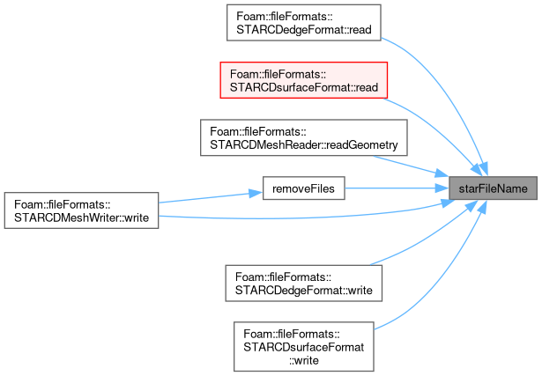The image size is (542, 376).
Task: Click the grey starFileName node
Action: tap(493, 188)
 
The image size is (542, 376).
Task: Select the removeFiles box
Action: tap(303, 188)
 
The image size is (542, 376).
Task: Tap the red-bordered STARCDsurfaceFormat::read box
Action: tap(303, 80)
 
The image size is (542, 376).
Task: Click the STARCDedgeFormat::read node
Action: tap(303, 23)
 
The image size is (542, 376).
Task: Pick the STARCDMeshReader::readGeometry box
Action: tap(303, 137)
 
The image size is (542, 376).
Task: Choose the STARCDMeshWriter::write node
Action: tap(81, 210)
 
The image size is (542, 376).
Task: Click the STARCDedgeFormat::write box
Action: tap(303, 284)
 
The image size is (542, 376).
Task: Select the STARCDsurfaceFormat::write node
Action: tap(303, 347)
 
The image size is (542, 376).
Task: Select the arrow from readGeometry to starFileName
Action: tap(412, 166)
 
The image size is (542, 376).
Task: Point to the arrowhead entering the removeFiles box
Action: tap(256, 194)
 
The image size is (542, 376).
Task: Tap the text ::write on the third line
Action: tap(304, 360)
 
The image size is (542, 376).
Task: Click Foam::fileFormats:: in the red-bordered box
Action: tap(278, 74)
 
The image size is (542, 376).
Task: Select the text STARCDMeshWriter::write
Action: tap(81, 217)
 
